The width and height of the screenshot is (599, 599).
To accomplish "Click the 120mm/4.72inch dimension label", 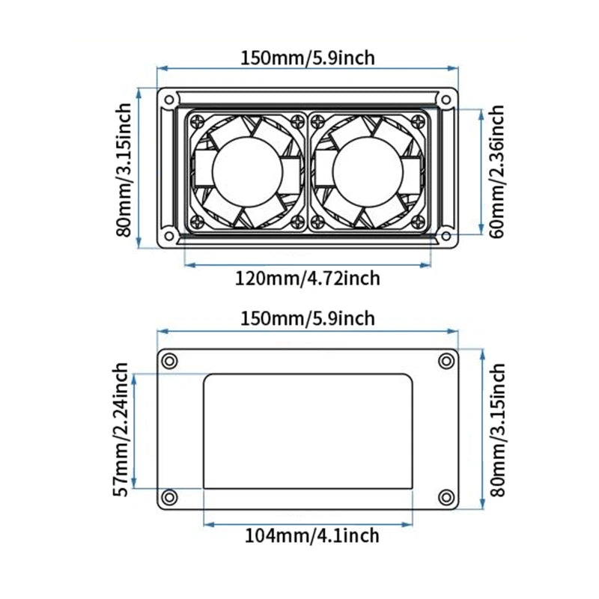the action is pos(307,279).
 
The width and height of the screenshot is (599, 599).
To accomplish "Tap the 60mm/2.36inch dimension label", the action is pos(497,171).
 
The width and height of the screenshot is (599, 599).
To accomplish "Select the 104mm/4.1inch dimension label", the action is pos(311,535).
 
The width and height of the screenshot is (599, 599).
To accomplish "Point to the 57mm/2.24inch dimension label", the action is pos(121,429).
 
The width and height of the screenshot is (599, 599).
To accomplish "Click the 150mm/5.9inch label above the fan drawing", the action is pos(308,58).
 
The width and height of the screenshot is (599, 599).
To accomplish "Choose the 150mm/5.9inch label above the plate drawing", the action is pos(308,319).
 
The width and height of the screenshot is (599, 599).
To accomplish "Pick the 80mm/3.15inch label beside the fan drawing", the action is pos(124,170).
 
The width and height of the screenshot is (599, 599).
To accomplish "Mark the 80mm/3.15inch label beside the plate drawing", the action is pos(498,430).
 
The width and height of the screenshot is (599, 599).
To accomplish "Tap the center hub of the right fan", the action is pos(368,172).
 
